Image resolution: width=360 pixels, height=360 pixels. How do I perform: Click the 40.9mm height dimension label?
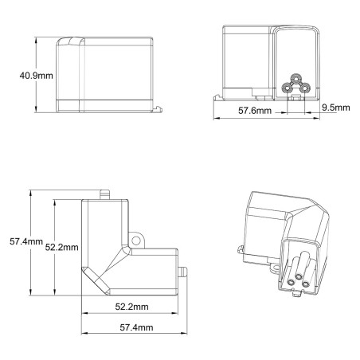(36, 76)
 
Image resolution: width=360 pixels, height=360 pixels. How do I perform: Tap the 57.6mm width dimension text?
(255, 111)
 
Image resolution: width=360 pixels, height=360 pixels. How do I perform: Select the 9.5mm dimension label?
(336, 108)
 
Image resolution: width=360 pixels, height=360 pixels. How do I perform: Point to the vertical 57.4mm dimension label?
(26, 241)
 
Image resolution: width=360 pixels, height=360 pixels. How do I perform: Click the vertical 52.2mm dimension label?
(61, 247)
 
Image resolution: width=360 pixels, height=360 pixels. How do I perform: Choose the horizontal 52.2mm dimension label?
(131, 307)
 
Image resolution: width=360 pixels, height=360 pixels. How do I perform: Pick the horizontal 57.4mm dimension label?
(136, 327)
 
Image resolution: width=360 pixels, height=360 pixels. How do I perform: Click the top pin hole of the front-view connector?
(295, 78)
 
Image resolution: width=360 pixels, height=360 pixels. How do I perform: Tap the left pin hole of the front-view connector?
(286, 88)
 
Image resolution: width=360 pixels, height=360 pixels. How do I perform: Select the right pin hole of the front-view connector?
(304, 88)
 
